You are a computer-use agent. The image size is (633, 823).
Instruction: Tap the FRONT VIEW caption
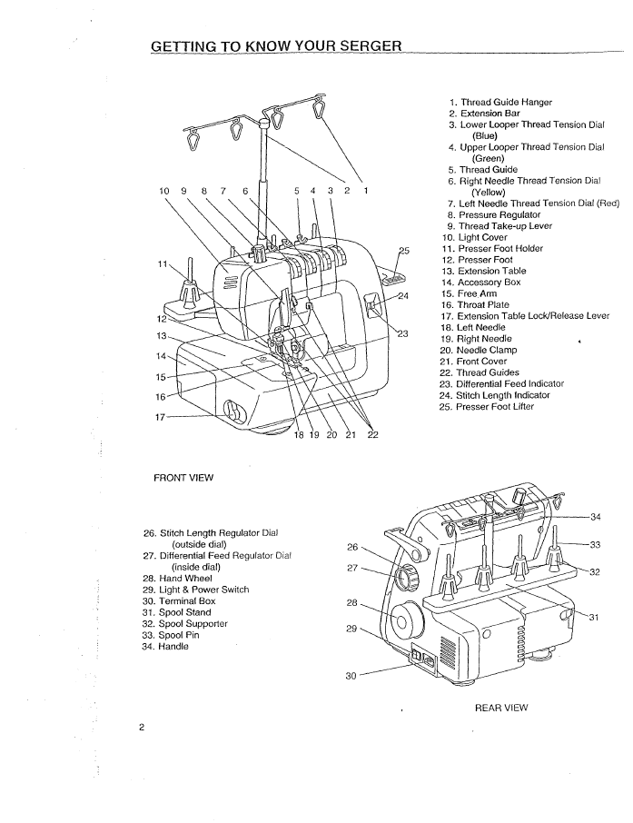pyautogui.click(x=183, y=478)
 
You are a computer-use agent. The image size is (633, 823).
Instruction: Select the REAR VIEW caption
pyautogui.click(x=501, y=708)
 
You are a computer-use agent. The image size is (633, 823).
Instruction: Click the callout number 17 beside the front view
pyautogui.click(x=161, y=417)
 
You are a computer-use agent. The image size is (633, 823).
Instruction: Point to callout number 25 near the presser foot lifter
pyautogui.click(x=403, y=251)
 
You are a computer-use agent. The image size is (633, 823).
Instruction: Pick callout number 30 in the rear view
pyautogui.click(x=351, y=676)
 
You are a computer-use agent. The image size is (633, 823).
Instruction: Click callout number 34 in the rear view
pyautogui.click(x=595, y=517)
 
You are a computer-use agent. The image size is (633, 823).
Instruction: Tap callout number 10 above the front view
pyautogui.click(x=164, y=191)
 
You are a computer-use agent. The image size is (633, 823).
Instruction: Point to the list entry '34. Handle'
pyautogui.click(x=165, y=646)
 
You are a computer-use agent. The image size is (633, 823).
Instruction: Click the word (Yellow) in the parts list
pyautogui.click(x=488, y=192)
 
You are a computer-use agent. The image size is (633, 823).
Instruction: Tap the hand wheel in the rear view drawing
pyautogui.click(x=402, y=622)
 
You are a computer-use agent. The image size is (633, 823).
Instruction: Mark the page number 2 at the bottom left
pyautogui.click(x=142, y=728)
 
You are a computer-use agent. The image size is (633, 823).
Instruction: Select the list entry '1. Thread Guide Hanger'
pyautogui.click(x=500, y=103)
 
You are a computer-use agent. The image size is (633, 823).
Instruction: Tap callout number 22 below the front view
pyautogui.click(x=372, y=434)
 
